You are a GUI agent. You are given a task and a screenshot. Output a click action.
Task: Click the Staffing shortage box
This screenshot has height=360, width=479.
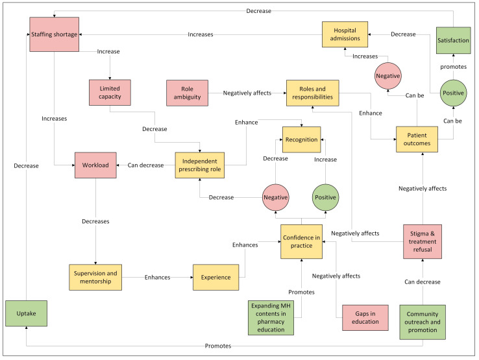54,34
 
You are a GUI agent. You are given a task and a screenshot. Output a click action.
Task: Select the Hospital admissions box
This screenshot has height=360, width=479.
345,34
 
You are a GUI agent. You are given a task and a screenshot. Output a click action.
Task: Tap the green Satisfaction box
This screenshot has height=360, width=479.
453,40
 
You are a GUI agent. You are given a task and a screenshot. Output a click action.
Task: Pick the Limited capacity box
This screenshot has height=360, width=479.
110,93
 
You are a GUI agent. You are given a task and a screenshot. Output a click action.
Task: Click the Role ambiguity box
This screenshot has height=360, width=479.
188,93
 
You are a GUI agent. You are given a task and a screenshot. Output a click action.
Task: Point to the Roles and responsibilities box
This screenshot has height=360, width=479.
312,93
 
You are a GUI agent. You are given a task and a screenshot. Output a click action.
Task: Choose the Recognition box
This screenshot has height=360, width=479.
302,139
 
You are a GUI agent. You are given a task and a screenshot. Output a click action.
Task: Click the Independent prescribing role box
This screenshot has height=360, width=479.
200,165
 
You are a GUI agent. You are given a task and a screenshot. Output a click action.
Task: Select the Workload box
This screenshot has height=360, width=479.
95,165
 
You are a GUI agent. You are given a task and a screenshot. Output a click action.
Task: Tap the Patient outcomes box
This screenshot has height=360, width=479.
417,139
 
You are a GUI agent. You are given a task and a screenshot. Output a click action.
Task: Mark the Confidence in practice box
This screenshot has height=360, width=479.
302,241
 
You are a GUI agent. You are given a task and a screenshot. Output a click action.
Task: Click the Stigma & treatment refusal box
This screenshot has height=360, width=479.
423,241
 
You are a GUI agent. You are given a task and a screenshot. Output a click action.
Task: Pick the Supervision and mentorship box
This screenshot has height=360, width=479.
95,277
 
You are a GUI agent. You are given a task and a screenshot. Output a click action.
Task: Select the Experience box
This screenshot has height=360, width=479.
216,277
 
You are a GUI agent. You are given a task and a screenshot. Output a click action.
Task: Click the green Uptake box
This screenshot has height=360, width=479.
26,313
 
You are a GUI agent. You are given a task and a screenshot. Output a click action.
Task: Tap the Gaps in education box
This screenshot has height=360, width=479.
365,318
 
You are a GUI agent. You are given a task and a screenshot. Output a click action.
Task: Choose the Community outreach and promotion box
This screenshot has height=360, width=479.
423,322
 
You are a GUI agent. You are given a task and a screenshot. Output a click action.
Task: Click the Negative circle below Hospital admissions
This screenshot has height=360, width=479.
388,76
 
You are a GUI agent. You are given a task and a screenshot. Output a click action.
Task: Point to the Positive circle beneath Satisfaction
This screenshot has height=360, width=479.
453,93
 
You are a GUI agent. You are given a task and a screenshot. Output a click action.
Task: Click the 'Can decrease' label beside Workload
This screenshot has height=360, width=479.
146,165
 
